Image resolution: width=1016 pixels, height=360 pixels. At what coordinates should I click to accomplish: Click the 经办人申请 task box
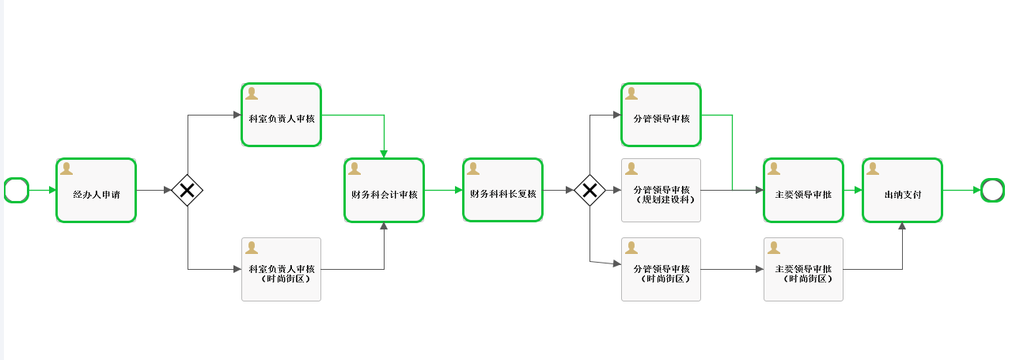[96, 191]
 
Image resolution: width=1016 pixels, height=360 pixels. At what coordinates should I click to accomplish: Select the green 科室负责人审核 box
[281, 115]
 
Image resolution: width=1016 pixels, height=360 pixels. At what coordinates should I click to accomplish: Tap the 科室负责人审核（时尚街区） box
[281, 270]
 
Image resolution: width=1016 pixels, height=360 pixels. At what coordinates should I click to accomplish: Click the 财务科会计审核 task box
[384, 191]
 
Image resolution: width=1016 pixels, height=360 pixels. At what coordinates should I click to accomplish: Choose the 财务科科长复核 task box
[502, 190]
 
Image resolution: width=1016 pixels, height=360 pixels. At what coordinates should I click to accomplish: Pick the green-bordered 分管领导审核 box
[661, 115]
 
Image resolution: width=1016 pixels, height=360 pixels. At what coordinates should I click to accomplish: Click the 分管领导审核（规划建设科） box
[661, 191]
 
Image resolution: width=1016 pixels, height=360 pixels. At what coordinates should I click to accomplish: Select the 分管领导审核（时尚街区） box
[661, 270]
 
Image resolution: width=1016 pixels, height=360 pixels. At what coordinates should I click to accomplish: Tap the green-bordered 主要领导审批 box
[803, 191]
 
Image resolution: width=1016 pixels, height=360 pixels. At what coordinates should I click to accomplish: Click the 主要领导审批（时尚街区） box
[803, 270]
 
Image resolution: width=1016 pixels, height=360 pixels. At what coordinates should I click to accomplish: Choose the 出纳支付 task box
[902, 191]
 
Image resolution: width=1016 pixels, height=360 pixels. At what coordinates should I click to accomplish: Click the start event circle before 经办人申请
[17, 190]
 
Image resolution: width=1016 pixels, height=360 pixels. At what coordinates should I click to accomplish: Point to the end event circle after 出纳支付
[992, 190]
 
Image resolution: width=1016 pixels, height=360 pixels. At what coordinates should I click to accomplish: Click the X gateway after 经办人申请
[188, 190]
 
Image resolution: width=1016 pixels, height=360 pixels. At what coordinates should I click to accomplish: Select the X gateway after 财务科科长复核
[590, 190]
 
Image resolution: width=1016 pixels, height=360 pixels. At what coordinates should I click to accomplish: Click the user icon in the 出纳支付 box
[873, 169]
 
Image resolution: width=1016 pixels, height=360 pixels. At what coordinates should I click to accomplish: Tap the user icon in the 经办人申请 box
[66, 169]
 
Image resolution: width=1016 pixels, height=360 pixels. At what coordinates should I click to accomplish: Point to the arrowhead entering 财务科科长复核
[459, 190]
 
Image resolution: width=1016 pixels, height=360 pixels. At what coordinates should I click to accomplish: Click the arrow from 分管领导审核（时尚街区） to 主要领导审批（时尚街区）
[732, 270]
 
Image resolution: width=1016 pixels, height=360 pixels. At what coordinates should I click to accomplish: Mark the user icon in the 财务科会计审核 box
[354, 169]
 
